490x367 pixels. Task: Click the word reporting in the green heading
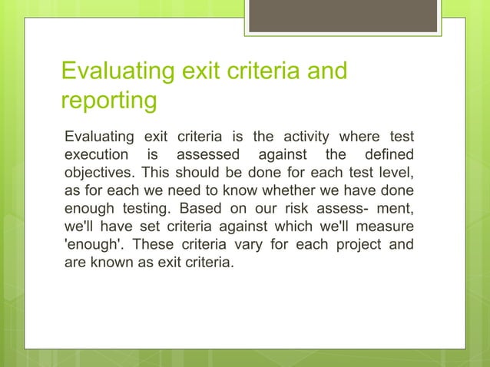(x=108, y=101)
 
